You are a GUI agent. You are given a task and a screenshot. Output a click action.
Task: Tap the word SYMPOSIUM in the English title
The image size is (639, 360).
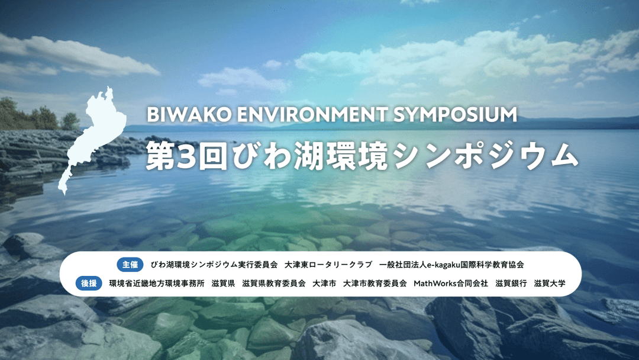[x=455, y=115]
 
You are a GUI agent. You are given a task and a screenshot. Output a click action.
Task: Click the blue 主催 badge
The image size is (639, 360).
[x=130, y=265]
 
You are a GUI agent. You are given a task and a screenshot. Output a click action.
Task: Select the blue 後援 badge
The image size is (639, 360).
[x=89, y=283]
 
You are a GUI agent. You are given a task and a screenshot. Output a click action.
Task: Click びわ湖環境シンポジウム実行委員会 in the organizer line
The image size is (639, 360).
[x=214, y=265]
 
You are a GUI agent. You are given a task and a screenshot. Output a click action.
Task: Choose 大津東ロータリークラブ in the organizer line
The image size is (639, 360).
[x=328, y=265]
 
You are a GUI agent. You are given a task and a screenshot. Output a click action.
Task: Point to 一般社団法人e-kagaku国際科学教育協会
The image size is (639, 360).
[x=451, y=265]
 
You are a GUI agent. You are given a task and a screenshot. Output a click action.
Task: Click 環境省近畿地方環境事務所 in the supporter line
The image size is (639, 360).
[x=157, y=283]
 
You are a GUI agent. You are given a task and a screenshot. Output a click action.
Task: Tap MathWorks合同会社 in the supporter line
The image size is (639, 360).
[x=451, y=283]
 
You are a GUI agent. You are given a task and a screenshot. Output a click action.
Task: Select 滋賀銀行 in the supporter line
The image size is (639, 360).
[x=511, y=283]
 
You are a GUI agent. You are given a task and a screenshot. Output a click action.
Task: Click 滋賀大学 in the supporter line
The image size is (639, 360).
[x=550, y=283]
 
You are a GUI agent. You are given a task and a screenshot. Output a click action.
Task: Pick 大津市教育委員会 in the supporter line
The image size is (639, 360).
[x=375, y=283]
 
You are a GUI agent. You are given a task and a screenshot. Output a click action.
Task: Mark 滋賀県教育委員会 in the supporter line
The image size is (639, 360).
[x=274, y=283]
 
